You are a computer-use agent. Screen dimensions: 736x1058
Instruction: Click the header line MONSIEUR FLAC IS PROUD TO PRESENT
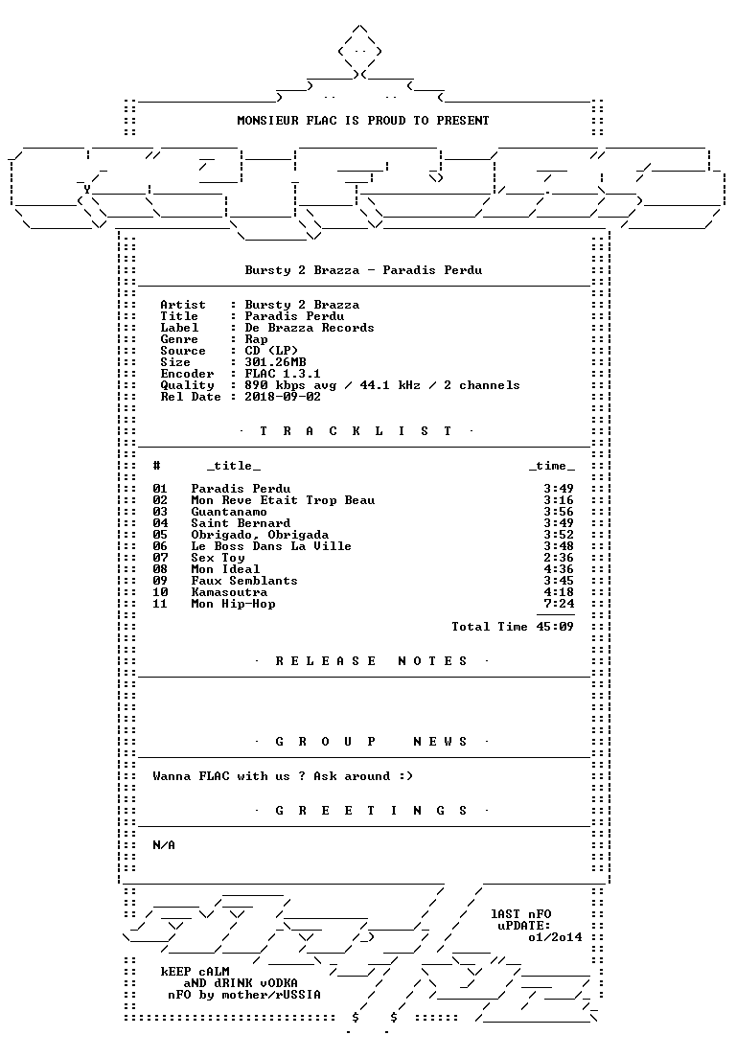[x=363, y=121]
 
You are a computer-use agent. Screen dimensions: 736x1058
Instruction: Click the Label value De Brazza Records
[x=309, y=328]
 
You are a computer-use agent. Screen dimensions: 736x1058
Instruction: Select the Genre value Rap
[x=256, y=339]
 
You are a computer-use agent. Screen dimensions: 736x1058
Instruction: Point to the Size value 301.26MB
[x=275, y=362]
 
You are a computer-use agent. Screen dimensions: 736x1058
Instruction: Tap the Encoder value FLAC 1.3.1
[x=283, y=374]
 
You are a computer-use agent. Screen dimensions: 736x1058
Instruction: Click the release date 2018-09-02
[x=283, y=397]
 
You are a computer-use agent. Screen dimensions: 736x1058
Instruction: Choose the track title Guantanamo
[x=229, y=512]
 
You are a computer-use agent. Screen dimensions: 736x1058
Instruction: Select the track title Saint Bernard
[x=241, y=523]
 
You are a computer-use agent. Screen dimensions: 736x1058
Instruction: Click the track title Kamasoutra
[x=229, y=592]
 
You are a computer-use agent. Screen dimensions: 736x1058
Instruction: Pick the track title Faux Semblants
[x=244, y=581]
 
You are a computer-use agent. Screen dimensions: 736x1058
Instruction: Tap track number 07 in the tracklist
[x=160, y=558]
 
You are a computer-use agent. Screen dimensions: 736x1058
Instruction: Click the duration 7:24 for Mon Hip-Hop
[x=559, y=604]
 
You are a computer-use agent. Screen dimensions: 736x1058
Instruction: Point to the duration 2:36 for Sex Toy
[x=559, y=558]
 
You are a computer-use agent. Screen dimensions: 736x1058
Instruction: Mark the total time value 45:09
[x=555, y=627]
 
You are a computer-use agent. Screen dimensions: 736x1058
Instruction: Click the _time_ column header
[x=552, y=467]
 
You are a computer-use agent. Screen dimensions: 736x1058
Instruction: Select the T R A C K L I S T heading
[x=356, y=431]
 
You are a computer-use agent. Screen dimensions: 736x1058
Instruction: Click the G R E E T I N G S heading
[x=371, y=811]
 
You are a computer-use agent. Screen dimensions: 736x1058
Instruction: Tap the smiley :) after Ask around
[x=405, y=776]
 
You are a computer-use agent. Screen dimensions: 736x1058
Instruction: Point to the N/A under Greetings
[x=164, y=845]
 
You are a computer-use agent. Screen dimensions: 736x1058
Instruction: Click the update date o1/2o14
[x=555, y=937]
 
